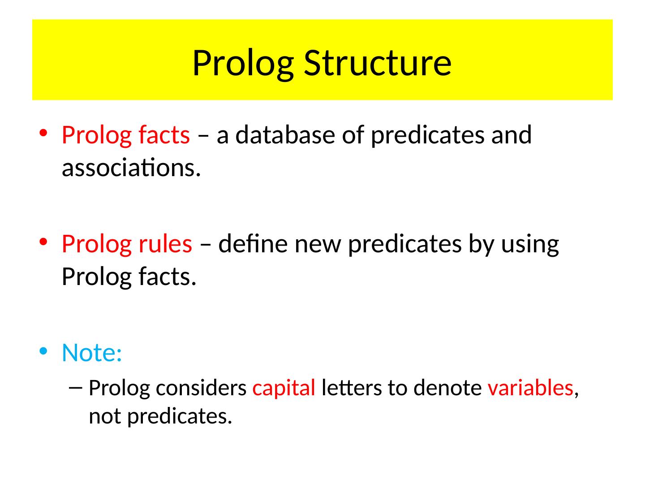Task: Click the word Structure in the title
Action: coord(377,62)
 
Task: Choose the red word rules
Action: coord(165,244)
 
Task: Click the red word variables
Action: coord(531,388)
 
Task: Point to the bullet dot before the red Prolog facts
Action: coord(43,134)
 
